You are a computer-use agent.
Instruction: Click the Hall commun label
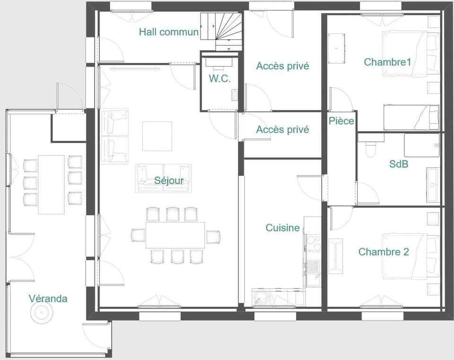[x=168, y=32]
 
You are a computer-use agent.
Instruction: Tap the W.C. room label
[x=220, y=79]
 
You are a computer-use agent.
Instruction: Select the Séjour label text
[x=168, y=180]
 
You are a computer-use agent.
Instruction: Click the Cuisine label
[x=282, y=228]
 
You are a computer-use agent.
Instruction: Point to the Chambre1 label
[x=387, y=62]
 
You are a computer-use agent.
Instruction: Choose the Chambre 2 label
[x=383, y=252]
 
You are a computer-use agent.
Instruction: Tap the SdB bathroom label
[x=399, y=164]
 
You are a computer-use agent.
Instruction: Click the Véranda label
[x=48, y=299]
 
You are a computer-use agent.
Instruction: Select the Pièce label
[x=341, y=121]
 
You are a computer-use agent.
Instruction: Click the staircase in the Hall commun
[x=221, y=29]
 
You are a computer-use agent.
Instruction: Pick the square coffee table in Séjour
[x=157, y=136]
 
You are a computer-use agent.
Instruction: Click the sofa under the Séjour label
[x=164, y=178]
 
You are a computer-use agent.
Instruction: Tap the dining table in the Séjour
[x=175, y=235]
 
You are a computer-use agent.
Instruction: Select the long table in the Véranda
[x=51, y=184]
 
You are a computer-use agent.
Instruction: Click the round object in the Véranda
[x=41, y=312]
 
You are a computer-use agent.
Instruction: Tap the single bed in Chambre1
[x=410, y=117]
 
